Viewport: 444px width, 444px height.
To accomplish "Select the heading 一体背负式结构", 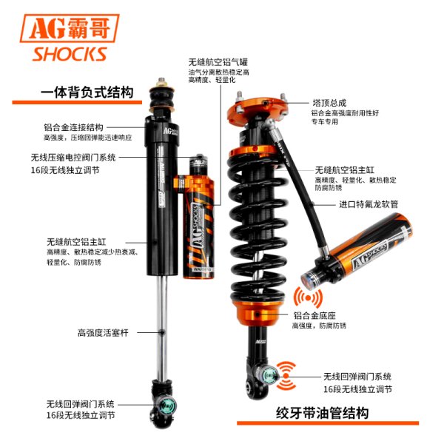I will (x=87, y=92).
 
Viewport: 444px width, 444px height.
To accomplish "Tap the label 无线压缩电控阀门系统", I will (x=73, y=158).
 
